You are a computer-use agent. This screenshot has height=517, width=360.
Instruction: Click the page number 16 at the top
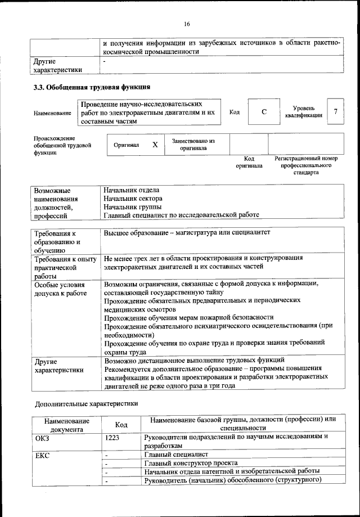click(x=187, y=24)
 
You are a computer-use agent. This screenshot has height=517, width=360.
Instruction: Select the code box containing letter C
click(x=264, y=112)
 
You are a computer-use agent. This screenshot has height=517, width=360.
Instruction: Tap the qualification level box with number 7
click(x=336, y=112)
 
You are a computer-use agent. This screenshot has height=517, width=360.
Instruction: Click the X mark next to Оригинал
click(x=155, y=145)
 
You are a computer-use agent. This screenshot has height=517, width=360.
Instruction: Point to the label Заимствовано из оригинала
click(x=193, y=145)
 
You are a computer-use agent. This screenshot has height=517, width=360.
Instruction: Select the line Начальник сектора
click(x=133, y=199)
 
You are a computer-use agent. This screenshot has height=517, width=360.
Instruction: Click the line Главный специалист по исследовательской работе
click(x=181, y=214)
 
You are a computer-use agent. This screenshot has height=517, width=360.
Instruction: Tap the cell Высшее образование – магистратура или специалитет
click(x=187, y=232)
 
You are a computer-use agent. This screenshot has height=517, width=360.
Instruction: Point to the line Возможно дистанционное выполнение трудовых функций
click(x=194, y=359)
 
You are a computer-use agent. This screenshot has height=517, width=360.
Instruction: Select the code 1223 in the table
click(x=112, y=437)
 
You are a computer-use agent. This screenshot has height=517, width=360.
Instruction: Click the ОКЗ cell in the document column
click(x=43, y=437)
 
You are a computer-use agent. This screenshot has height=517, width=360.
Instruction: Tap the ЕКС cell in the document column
click(x=42, y=455)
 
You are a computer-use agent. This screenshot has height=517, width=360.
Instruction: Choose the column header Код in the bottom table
click(x=120, y=425)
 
